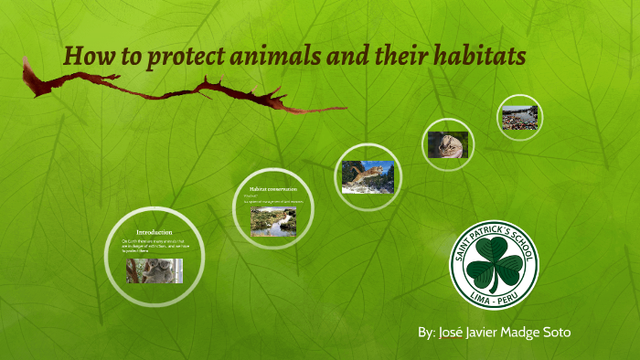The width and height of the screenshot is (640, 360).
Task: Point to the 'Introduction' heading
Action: pyautogui.click(x=154, y=232)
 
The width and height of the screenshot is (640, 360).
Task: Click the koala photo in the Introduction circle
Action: pyautogui.click(x=154, y=270)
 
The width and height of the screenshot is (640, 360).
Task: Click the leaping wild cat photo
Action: pyautogui.click(x=368, y=176)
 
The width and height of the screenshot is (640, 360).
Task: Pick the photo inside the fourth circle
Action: pyautogui.click(x=447, y=144)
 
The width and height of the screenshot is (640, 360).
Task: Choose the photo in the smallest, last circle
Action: pyautogui.click(x=520, y=118)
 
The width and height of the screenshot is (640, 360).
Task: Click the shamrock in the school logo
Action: pyautogui.click(x=494, y=264)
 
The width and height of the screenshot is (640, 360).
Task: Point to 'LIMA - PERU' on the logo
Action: pyautogui.click(x=495, y=298)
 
